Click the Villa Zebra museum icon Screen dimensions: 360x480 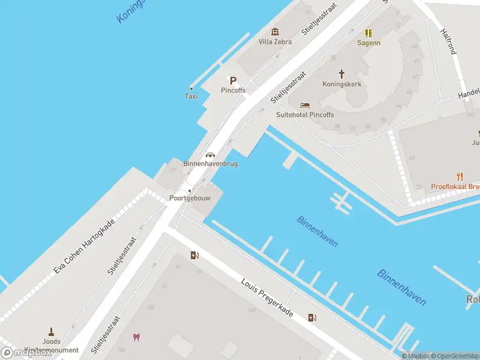coord(275,32)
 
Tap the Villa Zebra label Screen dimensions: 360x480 coord(275,42)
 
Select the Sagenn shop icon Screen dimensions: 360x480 coord(369,33)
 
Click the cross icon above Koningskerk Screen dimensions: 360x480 coord(342,74)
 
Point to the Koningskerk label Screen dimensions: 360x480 coord(342,84)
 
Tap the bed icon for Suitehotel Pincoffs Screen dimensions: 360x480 coord(305,105)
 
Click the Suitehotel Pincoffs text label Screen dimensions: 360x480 coord(305,115)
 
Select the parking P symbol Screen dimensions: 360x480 coord(233,80)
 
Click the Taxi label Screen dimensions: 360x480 coord(191,96)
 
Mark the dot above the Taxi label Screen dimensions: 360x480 coord(191,88)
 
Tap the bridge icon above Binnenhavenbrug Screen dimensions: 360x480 coord(210,154)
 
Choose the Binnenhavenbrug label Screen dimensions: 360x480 coord(210,164)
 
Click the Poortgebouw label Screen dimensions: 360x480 coord(190,198)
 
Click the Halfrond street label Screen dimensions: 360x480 coord(448,41)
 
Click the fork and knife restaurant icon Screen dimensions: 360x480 coord(460,176)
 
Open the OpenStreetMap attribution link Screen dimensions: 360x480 coord(454,356)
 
